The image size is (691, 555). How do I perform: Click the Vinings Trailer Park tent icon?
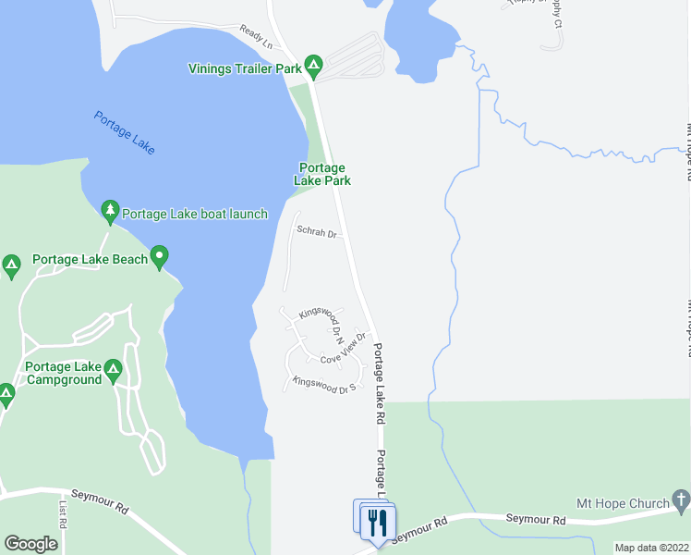(314, 64)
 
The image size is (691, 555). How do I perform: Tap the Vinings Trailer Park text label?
(245, 68)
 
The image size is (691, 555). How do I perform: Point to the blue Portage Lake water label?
(125, 132)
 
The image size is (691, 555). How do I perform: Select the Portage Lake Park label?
(322, 175)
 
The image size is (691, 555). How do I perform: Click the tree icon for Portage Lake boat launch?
(110, 213)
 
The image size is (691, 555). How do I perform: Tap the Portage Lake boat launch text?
(195, 214)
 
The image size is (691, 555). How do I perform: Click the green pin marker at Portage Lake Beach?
(160, 256)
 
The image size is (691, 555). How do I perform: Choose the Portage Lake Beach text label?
(90, 260)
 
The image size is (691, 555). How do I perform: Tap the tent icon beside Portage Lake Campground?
(113, 372)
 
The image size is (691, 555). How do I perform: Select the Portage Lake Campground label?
(64, 373)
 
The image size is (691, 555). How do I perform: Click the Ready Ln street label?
(256, 37)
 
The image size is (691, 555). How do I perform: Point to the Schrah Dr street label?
(315, 232)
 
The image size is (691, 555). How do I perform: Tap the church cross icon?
(682, 503)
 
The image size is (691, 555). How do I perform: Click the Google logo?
(30, 544)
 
